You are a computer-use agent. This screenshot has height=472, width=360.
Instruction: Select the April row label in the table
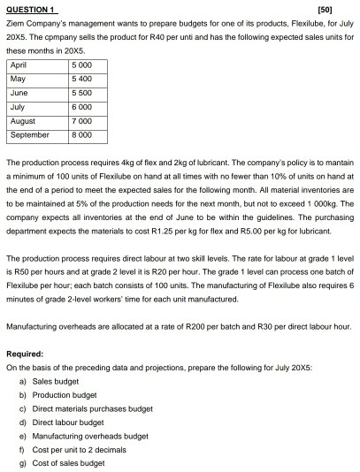(20, 65)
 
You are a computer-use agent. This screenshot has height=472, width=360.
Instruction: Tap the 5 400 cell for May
(83, 79)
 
